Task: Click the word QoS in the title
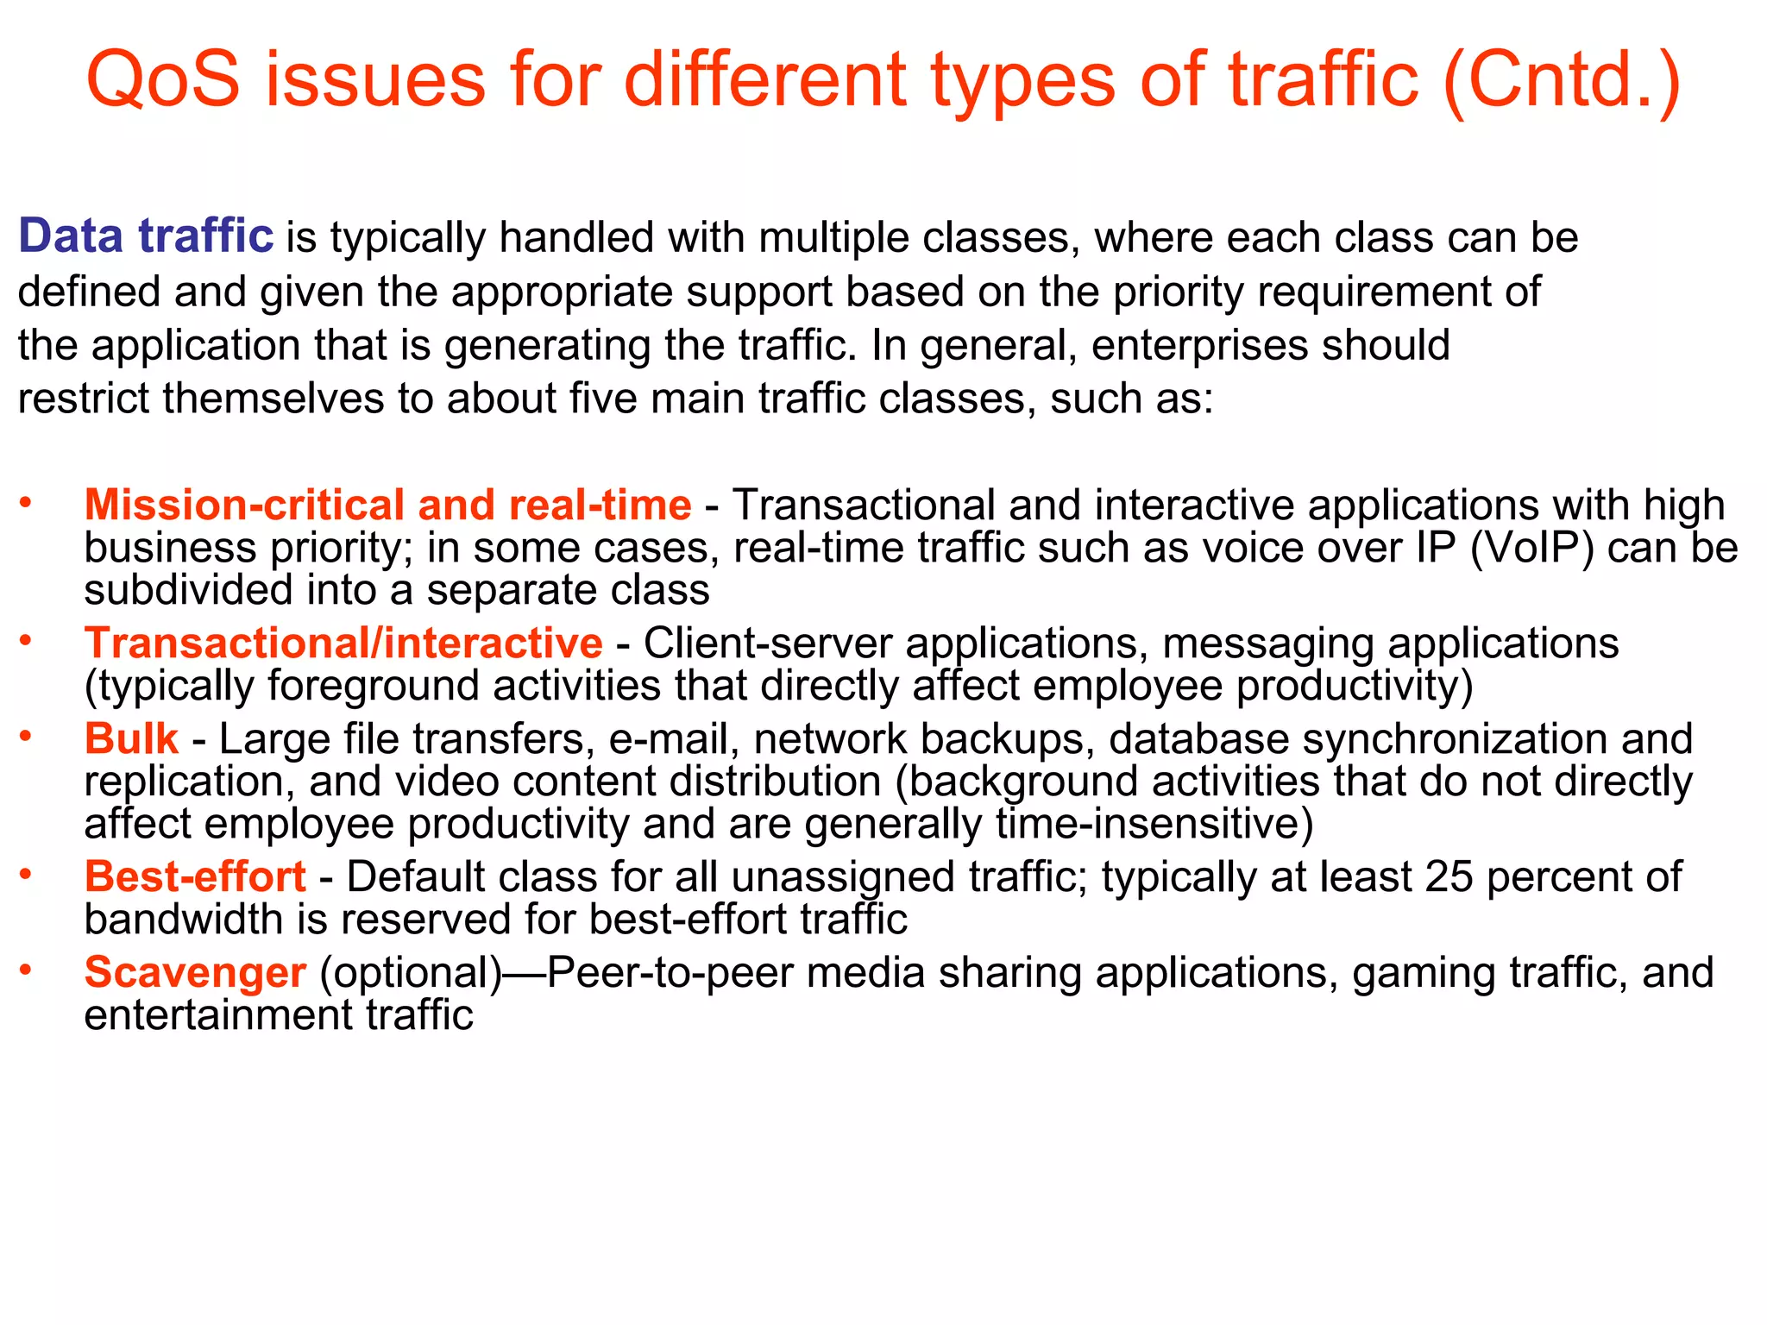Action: (x=163, y=79)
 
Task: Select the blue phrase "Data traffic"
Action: (x=146, y=236)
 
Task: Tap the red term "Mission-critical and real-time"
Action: (x=387, y=505)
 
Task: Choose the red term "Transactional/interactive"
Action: (x=343, y=644)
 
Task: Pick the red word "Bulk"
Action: (x=131, y=739)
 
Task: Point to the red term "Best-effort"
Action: (x=195, y=877)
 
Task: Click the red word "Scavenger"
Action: (x=195, y=973)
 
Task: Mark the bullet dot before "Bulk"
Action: (x=27, y=736)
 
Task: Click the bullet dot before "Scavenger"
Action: (x=27, y=970)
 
